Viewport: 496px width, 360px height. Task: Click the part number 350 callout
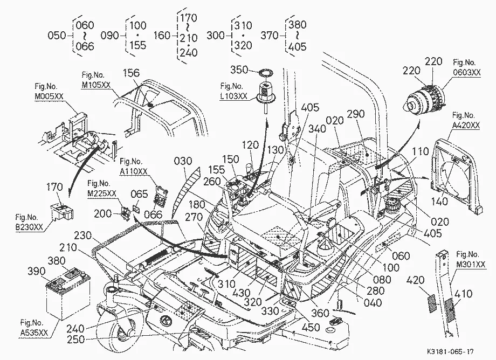[239, 70]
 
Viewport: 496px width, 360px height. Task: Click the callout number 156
[131, 73]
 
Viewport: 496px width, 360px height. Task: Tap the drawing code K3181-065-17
[450, 351]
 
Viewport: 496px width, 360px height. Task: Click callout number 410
[463, 294]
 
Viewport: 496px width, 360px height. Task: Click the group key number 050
[57, 35]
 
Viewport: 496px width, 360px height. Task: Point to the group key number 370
[270, 35]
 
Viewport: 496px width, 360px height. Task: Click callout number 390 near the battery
[36, 271]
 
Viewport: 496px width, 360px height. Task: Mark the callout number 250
[76, 339]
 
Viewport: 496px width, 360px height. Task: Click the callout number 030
[183, 161]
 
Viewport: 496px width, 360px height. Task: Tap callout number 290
[356, 114]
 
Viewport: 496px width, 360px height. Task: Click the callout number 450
[311, 328]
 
